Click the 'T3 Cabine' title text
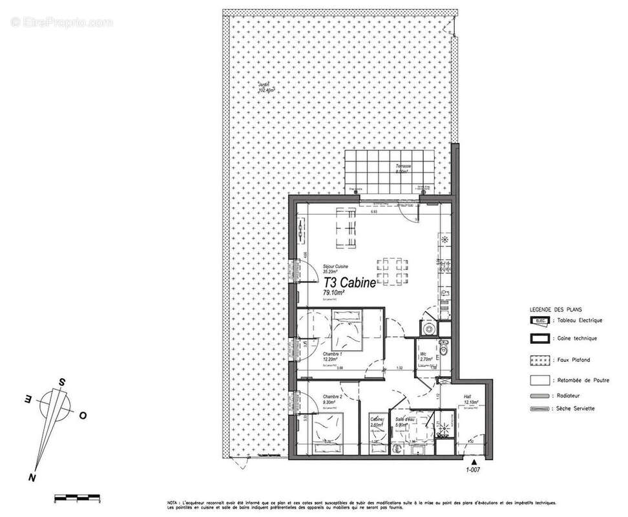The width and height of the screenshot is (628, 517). click(x=349, y=282)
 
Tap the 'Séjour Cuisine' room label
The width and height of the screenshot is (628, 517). click(x=335, y=267)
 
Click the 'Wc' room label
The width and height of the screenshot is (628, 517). click(x=423, y=355)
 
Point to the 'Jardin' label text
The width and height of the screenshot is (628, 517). click(x=264, y=84)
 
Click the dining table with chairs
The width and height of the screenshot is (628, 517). click(x=393, y=269)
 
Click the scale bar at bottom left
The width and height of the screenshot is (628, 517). click(x=78, y=497)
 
